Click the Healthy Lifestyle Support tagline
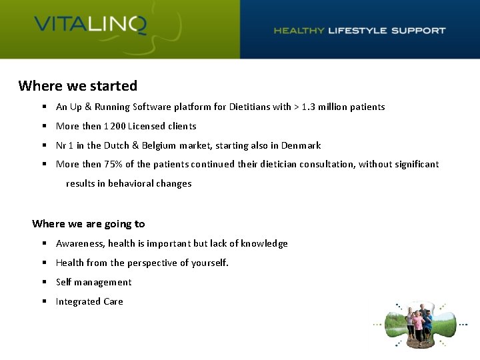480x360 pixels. pyautogui.click(x=359, y=30)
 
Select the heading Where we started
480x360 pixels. pyautogui.click(x=78, y=86)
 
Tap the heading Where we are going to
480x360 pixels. pyautogui.click(x=88, y=224)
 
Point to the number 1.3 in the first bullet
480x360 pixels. pyautogui.click(x=309, y=107)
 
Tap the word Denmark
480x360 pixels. pyautogui.click(x=301, y=145)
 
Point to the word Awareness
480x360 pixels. pyautogui.click(x=79, y=243)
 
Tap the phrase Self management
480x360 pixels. pyautogui.click(x=93, y=282)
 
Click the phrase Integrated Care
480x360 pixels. pyautogui.click(x=89, y=301)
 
